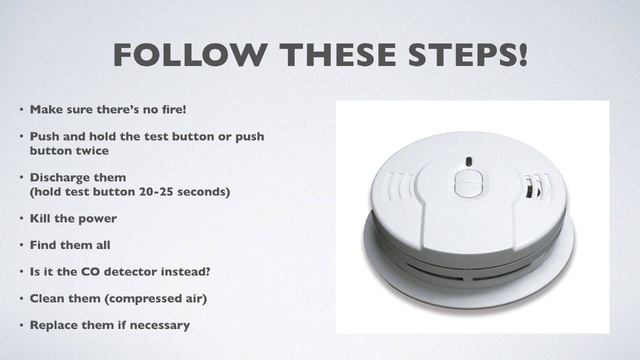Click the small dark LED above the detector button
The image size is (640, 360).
(x=467, y=159)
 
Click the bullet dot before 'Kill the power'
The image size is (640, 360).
(x=20, y=218)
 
